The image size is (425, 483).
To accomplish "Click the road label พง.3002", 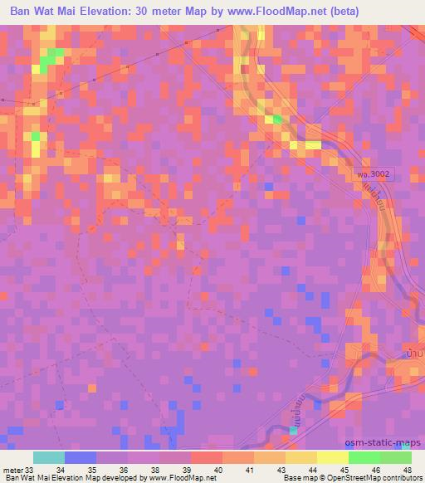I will click(372, 175).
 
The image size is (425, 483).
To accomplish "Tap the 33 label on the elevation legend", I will click(31, 470).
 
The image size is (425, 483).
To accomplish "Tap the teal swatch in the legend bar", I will click(49, 457).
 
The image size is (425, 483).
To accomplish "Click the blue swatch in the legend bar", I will click(81, 457).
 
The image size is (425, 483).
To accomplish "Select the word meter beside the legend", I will click(12, 470).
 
